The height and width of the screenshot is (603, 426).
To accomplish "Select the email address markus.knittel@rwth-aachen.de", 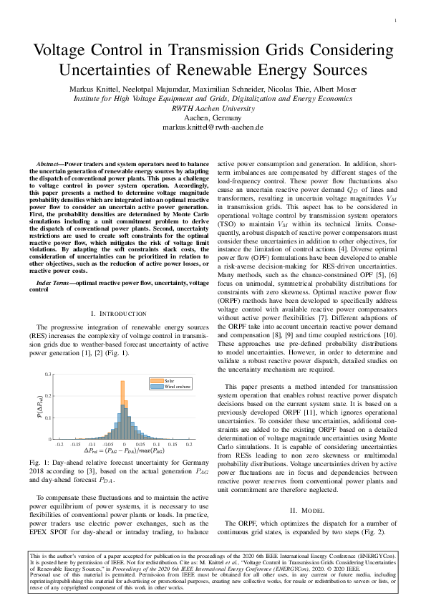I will (x=213, y=127).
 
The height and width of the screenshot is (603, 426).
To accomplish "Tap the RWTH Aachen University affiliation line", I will (x=213, y=107).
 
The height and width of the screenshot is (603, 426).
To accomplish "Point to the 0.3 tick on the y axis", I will (x=49, y=375).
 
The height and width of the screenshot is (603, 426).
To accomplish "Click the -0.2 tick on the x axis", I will (x=60, y=444).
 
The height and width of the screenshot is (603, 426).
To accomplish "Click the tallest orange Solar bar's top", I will (x=123, y=382).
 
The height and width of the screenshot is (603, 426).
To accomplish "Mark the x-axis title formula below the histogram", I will (x=123, y=451).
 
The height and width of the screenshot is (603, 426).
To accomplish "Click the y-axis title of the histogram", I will (x=40, y=406).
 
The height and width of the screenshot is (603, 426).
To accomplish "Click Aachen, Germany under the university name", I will (x=213, y=117).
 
